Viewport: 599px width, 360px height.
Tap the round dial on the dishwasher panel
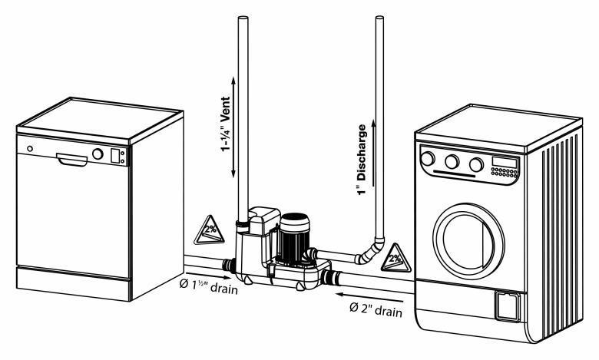98,154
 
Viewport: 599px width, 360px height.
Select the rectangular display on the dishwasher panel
115,156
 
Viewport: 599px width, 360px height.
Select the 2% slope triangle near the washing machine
395,255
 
